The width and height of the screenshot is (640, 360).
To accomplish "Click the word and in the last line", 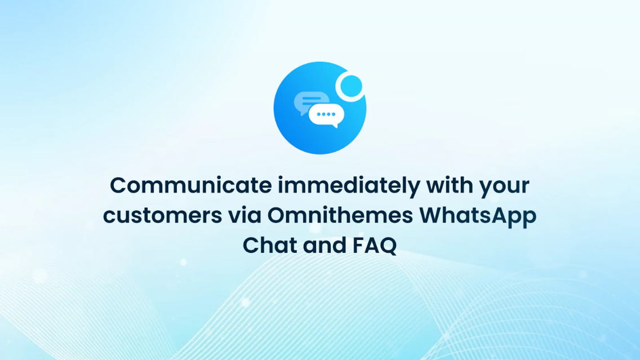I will pyautogui.click(x=321, y=246).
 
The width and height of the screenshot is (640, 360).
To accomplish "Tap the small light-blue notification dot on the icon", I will pyautogui.click(x=352, y=86).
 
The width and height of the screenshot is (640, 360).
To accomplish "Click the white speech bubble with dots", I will pyautogui.click(x=326, y=115).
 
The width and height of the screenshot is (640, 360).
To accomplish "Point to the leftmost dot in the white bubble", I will pyautogui.click(x=319, y=114).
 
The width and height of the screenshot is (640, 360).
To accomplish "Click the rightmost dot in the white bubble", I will pyautogui.click(x=332, y=114).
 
